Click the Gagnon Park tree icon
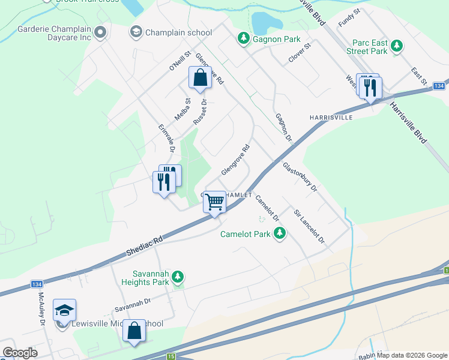(243, 39)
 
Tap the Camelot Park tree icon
(279, 234)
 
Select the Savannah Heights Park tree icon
(177, 277)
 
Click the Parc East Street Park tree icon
(396, 46)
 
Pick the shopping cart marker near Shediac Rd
(214, 202)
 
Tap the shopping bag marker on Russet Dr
(200, 77)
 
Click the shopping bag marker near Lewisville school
(134, 331)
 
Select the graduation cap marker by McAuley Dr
(64, 310)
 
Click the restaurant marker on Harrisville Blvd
(370, 88)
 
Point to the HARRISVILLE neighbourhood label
(331, 118)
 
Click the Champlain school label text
(179, 32)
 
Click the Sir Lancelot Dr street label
(309, 226)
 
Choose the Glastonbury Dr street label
(300, 175)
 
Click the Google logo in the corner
(20, 353)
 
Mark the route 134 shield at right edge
(440, 86)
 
